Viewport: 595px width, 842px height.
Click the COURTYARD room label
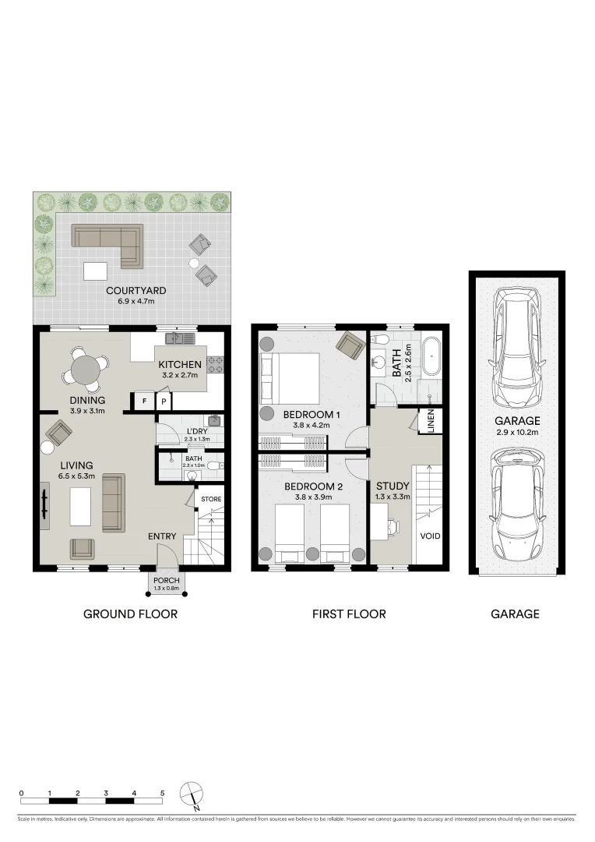(x=136, y=291)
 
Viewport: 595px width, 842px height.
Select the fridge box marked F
(x=143, y=402)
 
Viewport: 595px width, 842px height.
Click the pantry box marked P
(x=164, y=402)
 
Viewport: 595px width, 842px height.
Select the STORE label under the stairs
(x=211, y=499)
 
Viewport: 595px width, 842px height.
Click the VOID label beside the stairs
(x=430, y=536)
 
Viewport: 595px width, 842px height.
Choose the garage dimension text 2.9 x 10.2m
(x=516, y=431)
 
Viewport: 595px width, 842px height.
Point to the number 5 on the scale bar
(x=163, y=793)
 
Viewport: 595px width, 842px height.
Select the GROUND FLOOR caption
(x=130, y=614)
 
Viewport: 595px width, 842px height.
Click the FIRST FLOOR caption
(x=349, y=614)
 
